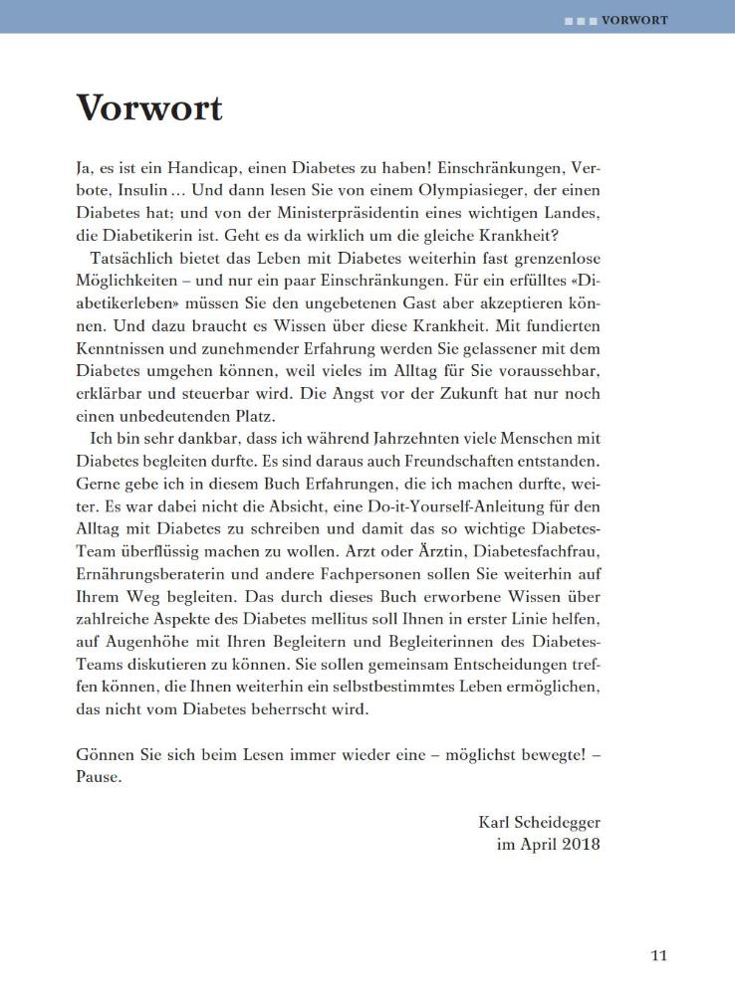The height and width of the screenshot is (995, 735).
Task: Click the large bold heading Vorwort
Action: coord(149,107)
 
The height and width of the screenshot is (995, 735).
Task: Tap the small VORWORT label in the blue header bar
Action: coord(634,20)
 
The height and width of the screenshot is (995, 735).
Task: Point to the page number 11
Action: coord(658,956)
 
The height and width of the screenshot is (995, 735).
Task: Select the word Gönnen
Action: coord(105,755)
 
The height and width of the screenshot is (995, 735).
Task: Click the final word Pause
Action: coord(98,778)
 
